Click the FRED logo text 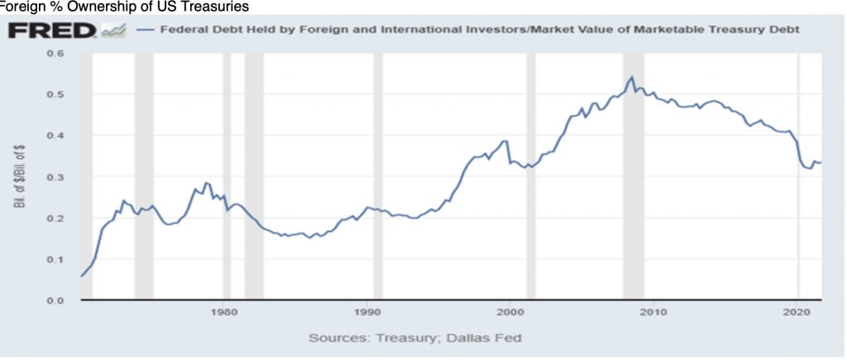[x=51, y=31]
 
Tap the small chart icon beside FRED [x=112, y=31]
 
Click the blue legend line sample [x=146, y=31]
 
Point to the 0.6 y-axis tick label [x=55, y=54]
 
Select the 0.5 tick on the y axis [x=55, y=94]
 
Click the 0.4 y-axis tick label [x=55, y=136]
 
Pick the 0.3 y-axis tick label [x=55, y=177]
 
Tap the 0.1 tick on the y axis [x=55, y=259]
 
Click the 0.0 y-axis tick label [x=55, y=300]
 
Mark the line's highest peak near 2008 [x=632, y=77]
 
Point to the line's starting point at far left [x=81, y=276]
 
